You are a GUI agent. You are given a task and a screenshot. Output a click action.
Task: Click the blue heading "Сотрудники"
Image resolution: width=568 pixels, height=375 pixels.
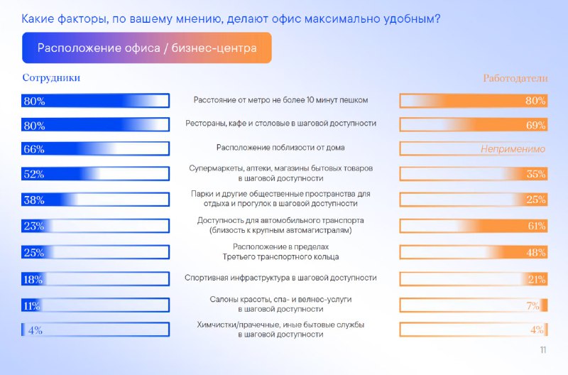click(x=51, y=78)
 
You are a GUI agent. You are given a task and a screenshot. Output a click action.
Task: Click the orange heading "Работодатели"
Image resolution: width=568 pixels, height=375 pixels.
click(x=515, y=78)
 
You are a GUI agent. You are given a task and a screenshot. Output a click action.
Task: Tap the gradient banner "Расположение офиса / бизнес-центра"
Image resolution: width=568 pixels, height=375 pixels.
click(x=147, y=48)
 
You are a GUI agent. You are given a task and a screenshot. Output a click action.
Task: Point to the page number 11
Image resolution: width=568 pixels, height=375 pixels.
click(x=542, y=350)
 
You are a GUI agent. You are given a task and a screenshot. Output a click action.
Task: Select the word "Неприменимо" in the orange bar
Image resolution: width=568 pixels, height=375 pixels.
click(x=513, y=149)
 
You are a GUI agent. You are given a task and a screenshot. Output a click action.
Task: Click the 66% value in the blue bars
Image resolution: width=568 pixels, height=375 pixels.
click(x=34, y=149)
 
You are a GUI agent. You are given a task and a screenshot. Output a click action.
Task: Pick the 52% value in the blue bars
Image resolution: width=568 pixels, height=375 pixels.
click(x=34, y=174)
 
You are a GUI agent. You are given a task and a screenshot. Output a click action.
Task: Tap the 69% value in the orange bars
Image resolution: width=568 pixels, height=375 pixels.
click(x=536, y=126)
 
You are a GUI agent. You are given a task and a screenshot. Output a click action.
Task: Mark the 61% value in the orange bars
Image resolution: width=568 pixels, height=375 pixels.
click(x=537, y=226)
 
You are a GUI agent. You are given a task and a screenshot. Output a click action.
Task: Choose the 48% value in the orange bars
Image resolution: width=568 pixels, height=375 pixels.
click(x=536, y=253)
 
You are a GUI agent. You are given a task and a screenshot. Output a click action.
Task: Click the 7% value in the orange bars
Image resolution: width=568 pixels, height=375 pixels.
click(x=533, y=306)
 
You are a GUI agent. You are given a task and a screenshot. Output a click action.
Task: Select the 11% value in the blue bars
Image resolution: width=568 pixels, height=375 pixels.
click(x=32, y=306)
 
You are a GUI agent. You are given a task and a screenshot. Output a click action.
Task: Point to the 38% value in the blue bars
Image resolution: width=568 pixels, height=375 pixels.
click(x=34, y=200)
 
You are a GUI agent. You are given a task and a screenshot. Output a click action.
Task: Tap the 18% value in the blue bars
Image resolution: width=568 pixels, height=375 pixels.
click(x=33, y=279)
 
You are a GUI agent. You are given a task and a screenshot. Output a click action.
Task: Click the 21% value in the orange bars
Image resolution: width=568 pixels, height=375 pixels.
click(x=537, y=279)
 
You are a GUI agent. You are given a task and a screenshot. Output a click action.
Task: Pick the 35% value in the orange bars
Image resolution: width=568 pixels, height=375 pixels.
click(x=536, y=174)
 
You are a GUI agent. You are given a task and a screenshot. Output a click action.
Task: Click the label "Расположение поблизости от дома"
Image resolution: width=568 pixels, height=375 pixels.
click(x=280, y=148)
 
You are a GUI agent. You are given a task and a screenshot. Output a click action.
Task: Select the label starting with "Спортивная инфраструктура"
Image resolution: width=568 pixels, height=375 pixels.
click(x=280, y=278)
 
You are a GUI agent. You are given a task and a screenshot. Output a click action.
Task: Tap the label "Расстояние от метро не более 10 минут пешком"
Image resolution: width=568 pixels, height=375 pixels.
click(x=280, y=100)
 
